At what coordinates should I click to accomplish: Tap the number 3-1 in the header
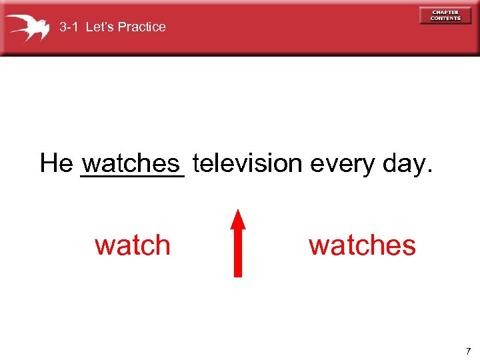[x=70, y=27]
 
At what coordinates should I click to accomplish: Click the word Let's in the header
[x=99, y=27]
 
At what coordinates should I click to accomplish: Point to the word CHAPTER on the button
[x=445, y=12]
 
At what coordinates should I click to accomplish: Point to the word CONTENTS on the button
[x=445, y=18]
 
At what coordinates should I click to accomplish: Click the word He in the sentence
[x=55, y=163]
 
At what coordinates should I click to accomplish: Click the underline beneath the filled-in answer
[x=131, y=176]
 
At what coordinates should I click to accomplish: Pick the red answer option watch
[x=133, y=245]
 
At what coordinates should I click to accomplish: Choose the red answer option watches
[x=362, y=245]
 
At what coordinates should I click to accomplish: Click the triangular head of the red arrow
[x=238, y=219]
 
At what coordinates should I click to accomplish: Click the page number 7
[x=468, y=351]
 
